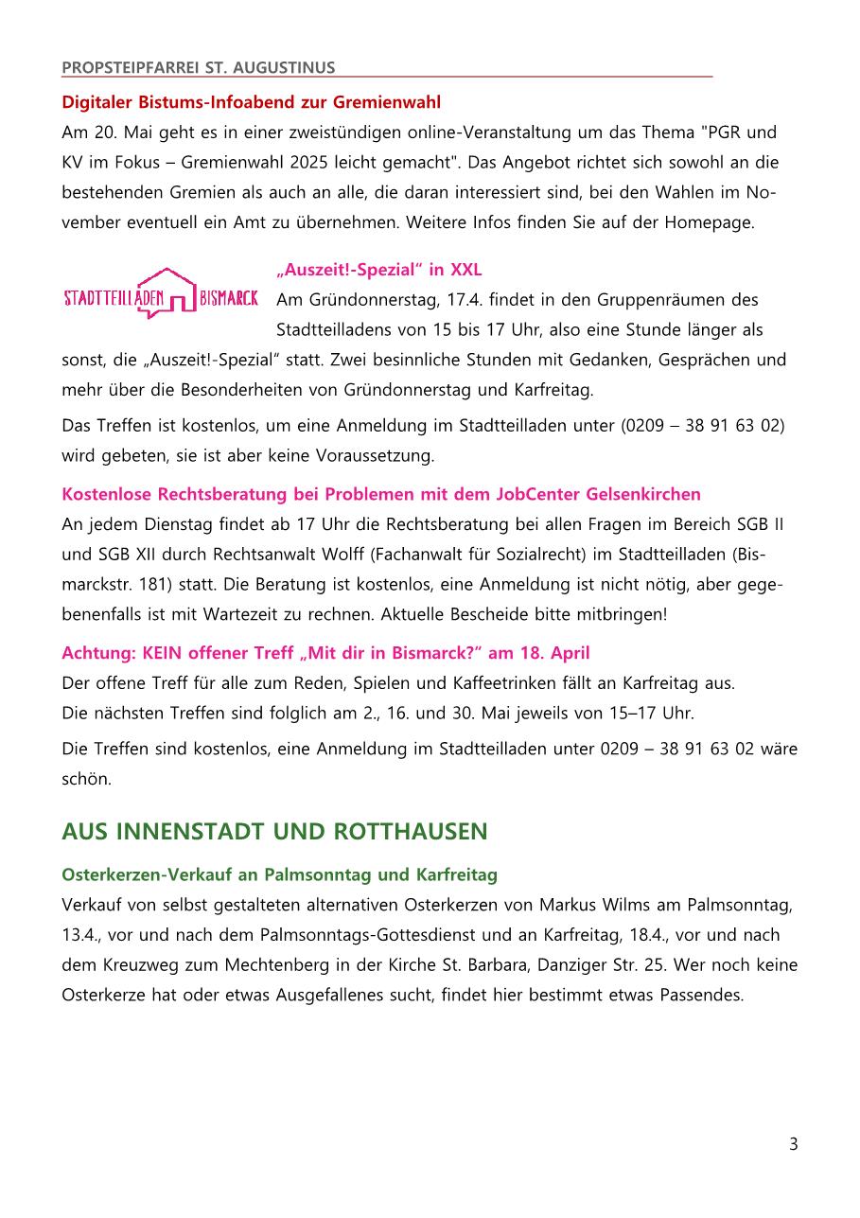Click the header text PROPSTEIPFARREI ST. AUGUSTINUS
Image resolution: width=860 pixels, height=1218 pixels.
[x=198, y=67]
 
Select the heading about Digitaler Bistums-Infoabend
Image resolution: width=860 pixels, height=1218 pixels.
[x=251, y=101]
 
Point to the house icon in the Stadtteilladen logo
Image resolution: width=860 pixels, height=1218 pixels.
[x=166, y=291]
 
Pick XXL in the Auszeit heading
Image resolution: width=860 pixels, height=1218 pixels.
[x=466, y=270]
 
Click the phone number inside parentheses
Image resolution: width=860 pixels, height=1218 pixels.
[x=703, y=425]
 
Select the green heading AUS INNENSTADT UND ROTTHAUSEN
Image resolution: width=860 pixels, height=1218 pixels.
[x=274, y=832]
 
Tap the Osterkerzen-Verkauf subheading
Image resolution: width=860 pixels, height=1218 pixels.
[x=279, y=874]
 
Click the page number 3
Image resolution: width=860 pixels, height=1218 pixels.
[x=793, y=1144]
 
